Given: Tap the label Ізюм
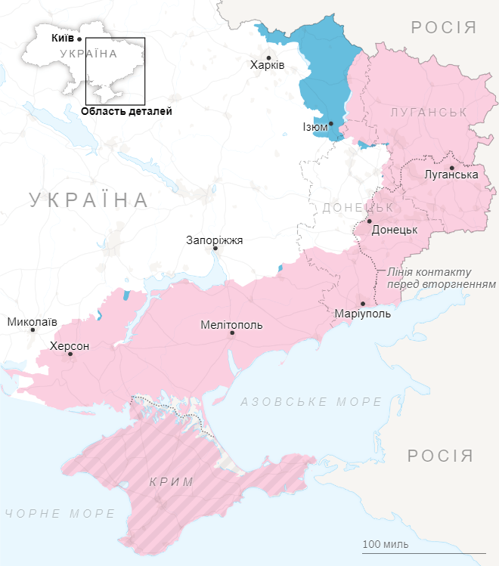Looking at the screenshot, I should pos(315,127).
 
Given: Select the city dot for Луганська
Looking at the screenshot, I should pos(451,168).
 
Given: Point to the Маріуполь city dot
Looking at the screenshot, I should pos(362,304).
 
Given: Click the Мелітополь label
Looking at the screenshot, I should pos(231,324).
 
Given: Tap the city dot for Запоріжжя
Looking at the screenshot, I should pos(215,248).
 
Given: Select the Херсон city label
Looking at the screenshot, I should pos(69,345).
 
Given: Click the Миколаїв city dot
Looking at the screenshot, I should pos(33,329).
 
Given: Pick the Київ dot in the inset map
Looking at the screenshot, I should pos(79,37).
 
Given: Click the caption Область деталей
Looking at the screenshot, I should pos(126,111).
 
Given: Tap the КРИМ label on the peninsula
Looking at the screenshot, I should pos(172,482).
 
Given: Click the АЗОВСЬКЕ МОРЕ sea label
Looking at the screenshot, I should pos(311,402).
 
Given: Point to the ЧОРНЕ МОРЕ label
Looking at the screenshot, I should pos(60,514).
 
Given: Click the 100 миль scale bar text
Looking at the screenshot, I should pos(386,544).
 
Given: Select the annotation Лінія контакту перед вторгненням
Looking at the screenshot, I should pos(440,278).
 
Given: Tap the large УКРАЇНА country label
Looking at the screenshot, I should pos(89,199).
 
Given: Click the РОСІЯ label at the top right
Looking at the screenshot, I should pos(444,28).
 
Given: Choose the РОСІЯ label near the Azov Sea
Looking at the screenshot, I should pos(440,456).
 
